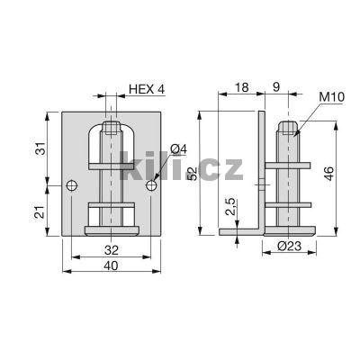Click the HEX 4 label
(x=147, y=88)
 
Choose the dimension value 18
(x=240, y=88)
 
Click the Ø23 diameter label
(x=286, y=247)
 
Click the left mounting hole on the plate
(x=73, y=186)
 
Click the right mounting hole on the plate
(x=150, y=186)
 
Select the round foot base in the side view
(x=288, y=230)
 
